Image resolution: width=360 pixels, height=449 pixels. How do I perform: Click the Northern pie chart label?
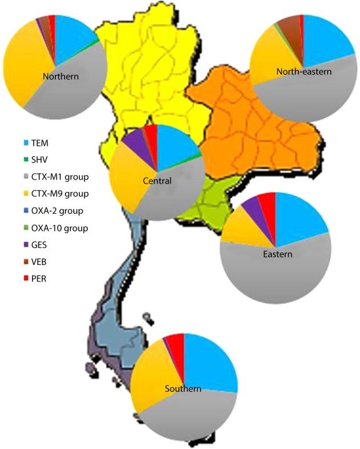coord(60,76)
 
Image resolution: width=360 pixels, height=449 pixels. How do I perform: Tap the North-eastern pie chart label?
coord(303,71)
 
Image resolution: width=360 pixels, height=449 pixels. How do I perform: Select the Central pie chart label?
coord(157,181)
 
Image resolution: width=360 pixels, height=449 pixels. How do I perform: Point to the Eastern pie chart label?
coord(278,254)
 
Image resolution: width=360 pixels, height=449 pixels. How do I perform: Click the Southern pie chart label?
coord(183,389)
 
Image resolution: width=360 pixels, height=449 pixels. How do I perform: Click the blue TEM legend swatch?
coord(25,142)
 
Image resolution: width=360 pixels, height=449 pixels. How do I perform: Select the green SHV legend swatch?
coord(25,159)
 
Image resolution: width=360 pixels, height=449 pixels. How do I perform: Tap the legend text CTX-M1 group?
coord(65,176)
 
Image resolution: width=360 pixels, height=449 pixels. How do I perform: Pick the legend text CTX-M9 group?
coord(65,193)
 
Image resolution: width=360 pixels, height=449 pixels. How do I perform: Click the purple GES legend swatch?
coord(25,245)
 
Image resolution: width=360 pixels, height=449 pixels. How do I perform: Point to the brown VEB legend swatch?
coord(25,262)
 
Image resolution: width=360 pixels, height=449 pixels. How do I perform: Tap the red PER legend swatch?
coord(25,279)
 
